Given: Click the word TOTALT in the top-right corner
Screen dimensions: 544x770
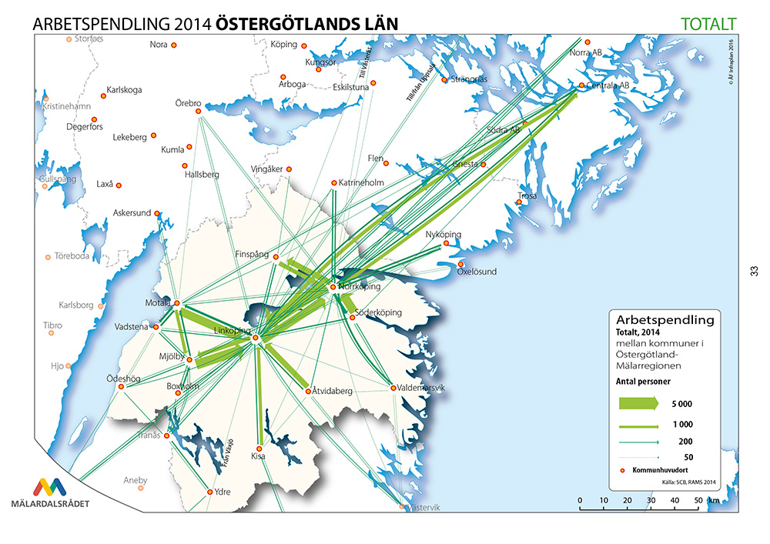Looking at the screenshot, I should [709, 24].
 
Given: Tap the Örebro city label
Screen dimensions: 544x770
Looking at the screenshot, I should [188, 103].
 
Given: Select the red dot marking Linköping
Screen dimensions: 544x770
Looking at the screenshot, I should [254, 338].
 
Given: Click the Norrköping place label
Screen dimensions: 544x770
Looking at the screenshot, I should [359, 286].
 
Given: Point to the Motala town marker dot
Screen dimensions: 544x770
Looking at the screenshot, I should [176, 303].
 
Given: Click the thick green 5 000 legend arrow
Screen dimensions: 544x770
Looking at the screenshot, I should [636, 403].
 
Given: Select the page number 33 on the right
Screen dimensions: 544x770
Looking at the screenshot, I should [754, 271].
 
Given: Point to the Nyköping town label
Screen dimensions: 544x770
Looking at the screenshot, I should [443, 234].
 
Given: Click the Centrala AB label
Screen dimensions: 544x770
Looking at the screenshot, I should [608, 85].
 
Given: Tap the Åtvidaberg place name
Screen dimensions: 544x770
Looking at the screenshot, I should [332, 392].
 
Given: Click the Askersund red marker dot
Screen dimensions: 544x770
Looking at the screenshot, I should [157, 213].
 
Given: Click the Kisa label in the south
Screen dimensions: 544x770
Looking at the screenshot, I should [259, 456].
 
